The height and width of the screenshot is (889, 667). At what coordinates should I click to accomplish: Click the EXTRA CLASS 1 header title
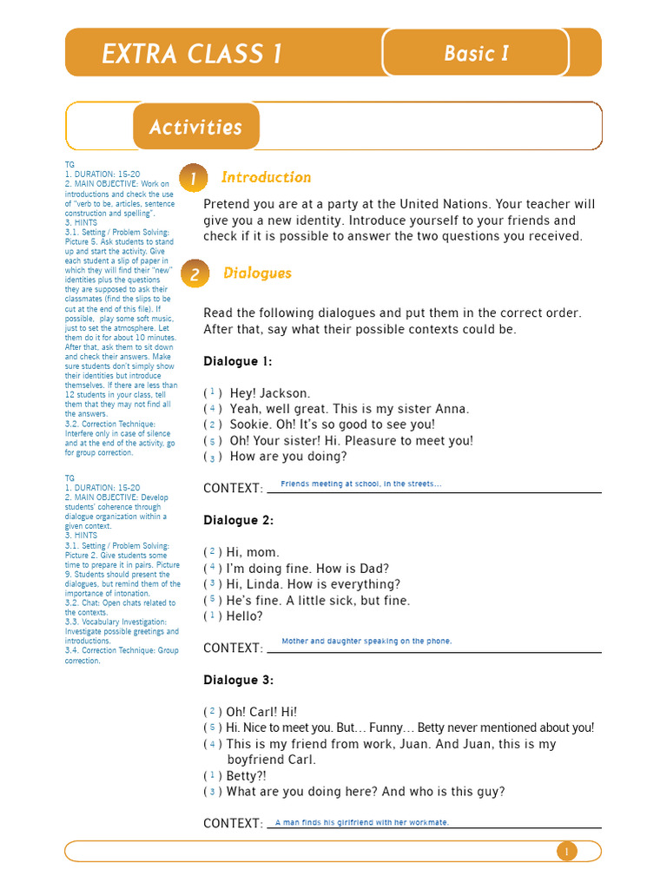click(x=192, y=54)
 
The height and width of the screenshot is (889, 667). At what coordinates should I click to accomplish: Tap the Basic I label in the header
click(x=476, y=53)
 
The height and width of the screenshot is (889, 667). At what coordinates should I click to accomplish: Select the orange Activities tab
click(x=195, y=127)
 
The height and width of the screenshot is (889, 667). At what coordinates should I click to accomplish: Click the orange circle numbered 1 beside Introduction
click(x=194, y=179)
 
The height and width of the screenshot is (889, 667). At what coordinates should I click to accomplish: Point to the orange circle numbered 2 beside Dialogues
click(x=194, y=274)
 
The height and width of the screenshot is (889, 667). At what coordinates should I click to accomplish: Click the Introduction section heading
click(x=266, y=177)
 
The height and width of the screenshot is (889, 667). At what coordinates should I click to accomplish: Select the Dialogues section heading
click(x=257, y=273)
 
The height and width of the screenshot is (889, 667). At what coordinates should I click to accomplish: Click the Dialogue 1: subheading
click(x=238, y=361)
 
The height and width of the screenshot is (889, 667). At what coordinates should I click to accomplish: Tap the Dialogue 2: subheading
click(x=238, y=520)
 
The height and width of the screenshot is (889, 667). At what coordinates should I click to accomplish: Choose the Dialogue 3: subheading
click(x=238, y=680)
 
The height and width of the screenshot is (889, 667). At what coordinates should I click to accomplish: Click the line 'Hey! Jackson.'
click(x=269, y=393)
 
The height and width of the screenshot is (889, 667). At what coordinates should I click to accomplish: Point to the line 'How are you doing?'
click(x=287, y=457)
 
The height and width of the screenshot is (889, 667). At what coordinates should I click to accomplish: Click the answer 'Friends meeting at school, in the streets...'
click(x=361, y=484)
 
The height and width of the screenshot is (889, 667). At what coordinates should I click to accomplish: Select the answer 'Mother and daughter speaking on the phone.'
click(x=367, y=642)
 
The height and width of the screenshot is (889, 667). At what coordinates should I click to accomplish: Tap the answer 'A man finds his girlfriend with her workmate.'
click(x=361, y=822)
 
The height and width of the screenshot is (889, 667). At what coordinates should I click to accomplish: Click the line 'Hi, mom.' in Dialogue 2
click(x=253, y=552)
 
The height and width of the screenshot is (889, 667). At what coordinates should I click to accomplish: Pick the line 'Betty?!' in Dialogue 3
click(x=247, y=775)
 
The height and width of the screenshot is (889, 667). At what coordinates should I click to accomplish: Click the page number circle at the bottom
click(x=566, y=852)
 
